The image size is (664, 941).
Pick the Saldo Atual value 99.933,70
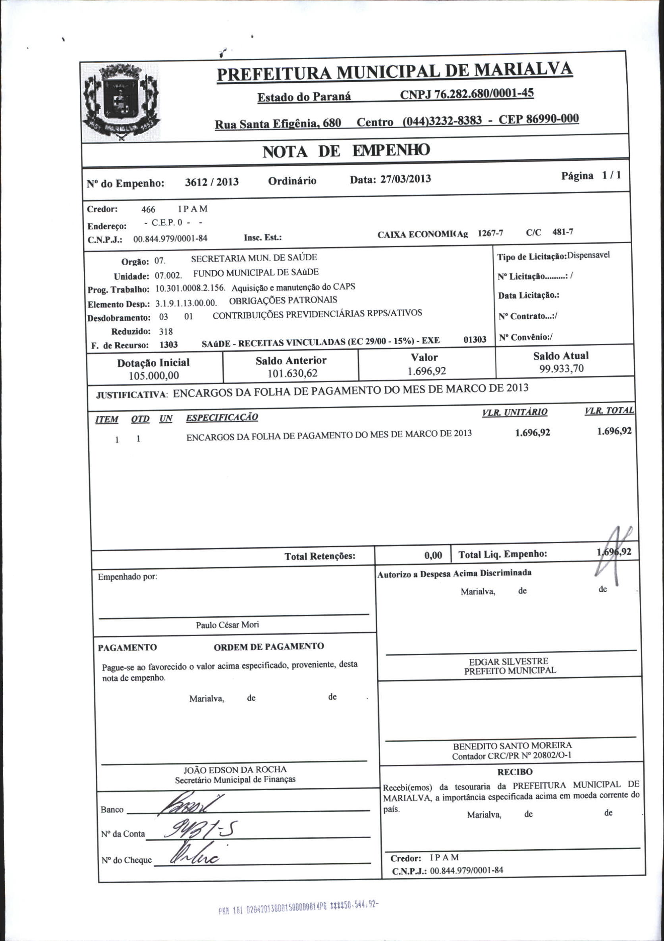click(561, 368)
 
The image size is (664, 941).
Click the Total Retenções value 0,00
click(433, 555)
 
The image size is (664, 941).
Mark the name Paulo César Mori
click(227, 625)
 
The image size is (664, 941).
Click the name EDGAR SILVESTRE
click(508, 661)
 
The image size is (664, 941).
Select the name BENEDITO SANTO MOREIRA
click(512, 745)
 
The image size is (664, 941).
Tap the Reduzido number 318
click(166, 331)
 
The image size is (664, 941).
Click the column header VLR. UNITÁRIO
click(515, 412)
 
